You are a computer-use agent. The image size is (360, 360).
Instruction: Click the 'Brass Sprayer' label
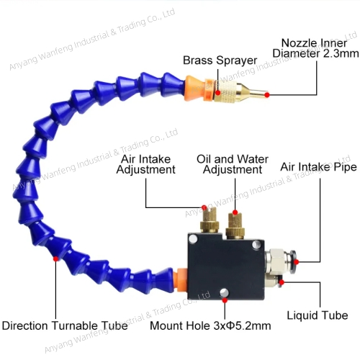click(220, 60)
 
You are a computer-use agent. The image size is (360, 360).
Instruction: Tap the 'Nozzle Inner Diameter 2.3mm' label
click(315, 48)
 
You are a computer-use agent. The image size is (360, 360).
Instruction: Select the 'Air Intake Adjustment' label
click(146, 164)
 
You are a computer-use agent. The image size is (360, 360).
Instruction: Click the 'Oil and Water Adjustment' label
click(233, 164)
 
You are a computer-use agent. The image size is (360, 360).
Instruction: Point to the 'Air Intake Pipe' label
click(318, 167)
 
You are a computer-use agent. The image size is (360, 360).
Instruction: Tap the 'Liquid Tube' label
click(318, 315)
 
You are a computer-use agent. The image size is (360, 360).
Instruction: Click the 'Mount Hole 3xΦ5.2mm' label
click(210, 326)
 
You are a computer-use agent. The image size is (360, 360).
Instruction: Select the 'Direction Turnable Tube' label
click(65, 326)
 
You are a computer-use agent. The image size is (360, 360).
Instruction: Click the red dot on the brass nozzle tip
click(267, 95)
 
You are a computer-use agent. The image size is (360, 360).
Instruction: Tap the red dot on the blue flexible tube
click(55, 259)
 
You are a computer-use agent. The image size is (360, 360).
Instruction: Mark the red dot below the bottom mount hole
click(225, 300)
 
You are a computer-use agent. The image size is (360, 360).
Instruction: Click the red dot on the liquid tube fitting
click(282, 282)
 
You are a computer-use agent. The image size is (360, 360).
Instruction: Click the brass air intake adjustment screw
click(210, 220)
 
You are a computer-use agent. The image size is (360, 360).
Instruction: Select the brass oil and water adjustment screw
click(235, 226)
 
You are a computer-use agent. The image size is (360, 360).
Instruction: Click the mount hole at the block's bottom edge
click(224, 293)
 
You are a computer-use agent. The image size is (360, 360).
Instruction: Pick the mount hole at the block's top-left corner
click(193, 239)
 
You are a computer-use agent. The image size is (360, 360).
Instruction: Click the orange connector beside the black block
click(181, 280)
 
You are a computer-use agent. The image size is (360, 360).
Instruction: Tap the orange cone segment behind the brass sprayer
click(194, 89)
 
